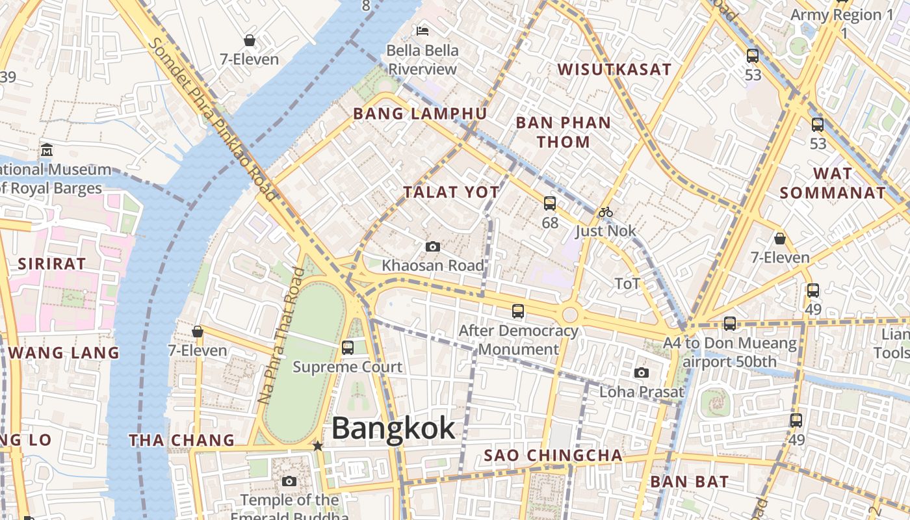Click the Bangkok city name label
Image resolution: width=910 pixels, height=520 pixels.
[393, 429]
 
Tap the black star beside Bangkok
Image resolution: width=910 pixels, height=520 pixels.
[317, 446]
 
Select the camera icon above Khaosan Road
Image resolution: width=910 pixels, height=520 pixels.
[432, 247]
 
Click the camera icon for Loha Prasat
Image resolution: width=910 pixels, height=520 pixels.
[642, 372]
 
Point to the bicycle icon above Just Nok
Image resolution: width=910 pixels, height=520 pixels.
[606, 211]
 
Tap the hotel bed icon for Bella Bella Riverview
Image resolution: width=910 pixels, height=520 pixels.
[422, 31]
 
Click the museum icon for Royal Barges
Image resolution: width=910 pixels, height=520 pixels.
[46, 150]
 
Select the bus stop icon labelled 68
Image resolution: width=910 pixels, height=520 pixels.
[550, 203]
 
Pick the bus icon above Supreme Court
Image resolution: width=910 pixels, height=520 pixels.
[348, 347]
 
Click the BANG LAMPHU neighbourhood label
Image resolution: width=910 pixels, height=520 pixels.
[420, 114]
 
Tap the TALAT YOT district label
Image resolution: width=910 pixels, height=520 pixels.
[451, 192]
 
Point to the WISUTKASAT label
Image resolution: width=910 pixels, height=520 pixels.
[614, 70]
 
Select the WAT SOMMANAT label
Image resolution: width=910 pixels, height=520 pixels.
[833, 183]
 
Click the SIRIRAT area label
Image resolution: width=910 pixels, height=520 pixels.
[52, 264]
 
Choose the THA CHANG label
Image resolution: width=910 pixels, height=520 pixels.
[181, 441]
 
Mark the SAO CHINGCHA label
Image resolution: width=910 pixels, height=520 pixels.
[553, 456]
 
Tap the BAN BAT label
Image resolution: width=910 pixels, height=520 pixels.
[689, 482]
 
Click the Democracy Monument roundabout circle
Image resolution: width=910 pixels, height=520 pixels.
[570, 315]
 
